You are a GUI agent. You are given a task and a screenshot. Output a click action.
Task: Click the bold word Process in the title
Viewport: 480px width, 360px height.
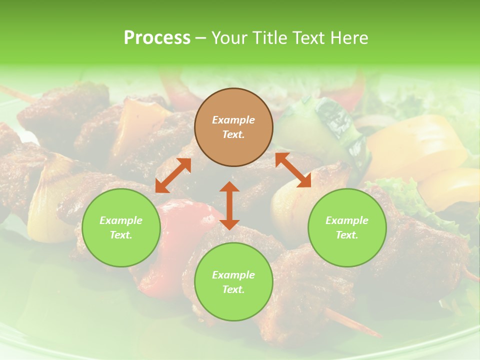point(157,38)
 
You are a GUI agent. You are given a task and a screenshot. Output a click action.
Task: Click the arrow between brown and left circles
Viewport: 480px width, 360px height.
point(173,175)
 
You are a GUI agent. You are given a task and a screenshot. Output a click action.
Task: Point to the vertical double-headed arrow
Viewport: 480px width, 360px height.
point(229,205)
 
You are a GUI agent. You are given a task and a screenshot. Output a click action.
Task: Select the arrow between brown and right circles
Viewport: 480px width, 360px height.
point(293,170)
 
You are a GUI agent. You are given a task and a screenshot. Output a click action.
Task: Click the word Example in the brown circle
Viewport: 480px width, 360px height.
point(233,120)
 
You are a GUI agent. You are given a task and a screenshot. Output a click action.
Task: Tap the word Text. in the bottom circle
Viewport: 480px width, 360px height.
point(233,289)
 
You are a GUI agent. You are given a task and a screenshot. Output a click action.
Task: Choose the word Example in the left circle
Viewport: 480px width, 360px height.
point(121,220)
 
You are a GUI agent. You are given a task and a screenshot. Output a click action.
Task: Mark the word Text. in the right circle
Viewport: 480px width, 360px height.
point(347,235)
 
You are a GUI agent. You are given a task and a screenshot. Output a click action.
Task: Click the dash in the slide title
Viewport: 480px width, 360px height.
point(200,38)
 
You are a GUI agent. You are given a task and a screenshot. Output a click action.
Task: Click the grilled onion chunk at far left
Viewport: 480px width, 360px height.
point(47,200)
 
